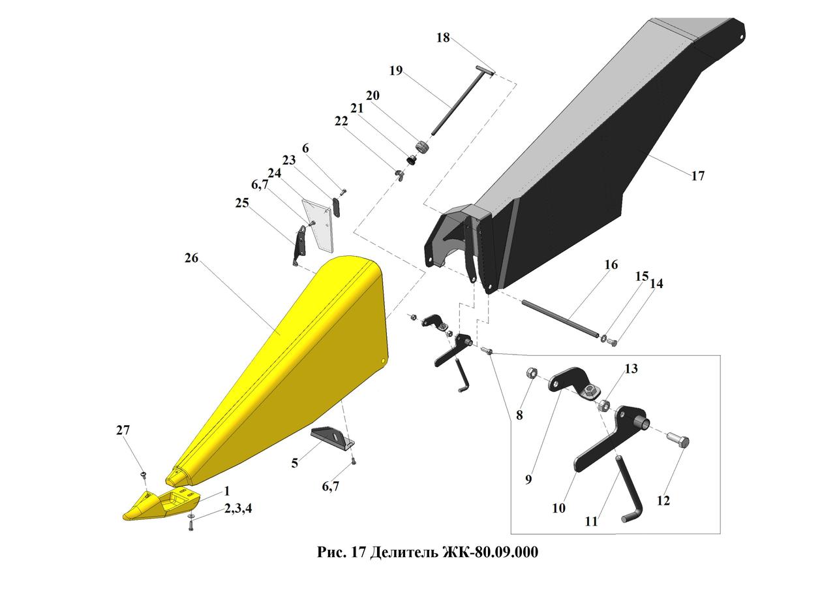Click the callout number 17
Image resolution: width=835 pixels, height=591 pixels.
click(698, 176)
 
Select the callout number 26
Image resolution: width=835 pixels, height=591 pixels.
click(191, 258)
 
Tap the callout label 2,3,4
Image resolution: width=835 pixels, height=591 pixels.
click(238, 508)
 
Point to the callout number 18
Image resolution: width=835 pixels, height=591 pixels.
click(443, 37)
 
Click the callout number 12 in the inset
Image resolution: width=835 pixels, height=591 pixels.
click(663, 500)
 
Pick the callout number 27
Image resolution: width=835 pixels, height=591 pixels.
click(123, 430)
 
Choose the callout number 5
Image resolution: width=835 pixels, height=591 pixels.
click(294, 463)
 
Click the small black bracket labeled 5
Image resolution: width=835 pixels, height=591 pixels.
click(332, 438)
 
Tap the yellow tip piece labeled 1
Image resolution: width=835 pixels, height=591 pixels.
click(161, 504)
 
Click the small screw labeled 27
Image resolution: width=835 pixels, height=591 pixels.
click(144, 475)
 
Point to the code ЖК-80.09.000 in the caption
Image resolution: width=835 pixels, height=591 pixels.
click(489, 551)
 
